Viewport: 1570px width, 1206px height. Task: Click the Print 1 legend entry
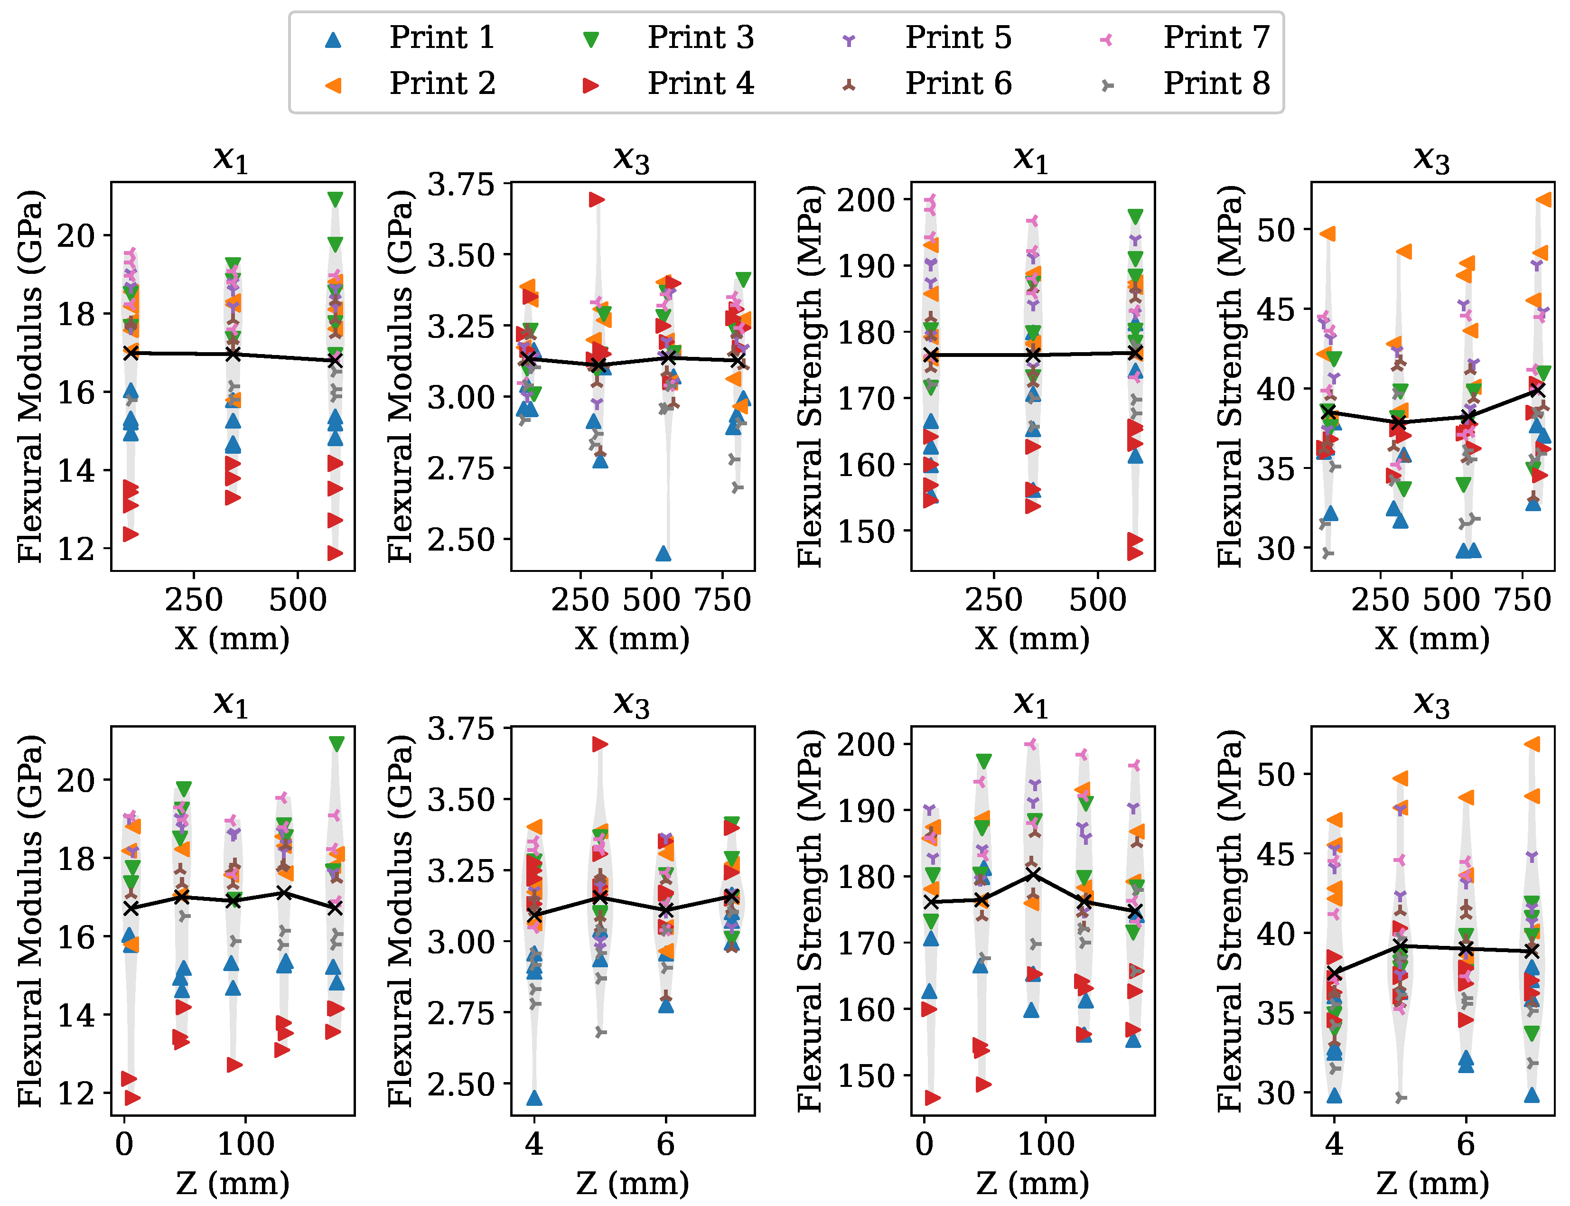click(x=409, y=37)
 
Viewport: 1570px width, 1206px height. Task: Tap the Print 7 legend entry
click(x=1185, y=37)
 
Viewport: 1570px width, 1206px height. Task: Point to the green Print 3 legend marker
click(x=591, y=39)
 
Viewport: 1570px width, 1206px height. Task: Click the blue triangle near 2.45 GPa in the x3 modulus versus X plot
click(x=664, y=553)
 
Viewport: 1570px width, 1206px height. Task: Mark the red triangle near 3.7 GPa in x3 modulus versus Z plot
click(x=599, y=744)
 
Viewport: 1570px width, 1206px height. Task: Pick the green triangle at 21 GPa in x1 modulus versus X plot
click(x=335, y=199)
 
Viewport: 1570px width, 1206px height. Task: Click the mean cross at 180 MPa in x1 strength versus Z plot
click(x=1032, y=874)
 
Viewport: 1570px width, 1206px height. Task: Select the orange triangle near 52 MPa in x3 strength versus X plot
click(x=1543, y=199)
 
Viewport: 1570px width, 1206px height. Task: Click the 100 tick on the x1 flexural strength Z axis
click(x=1046, y=1143)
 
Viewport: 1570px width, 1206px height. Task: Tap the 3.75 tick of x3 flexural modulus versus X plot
click(x=461, y=185)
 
